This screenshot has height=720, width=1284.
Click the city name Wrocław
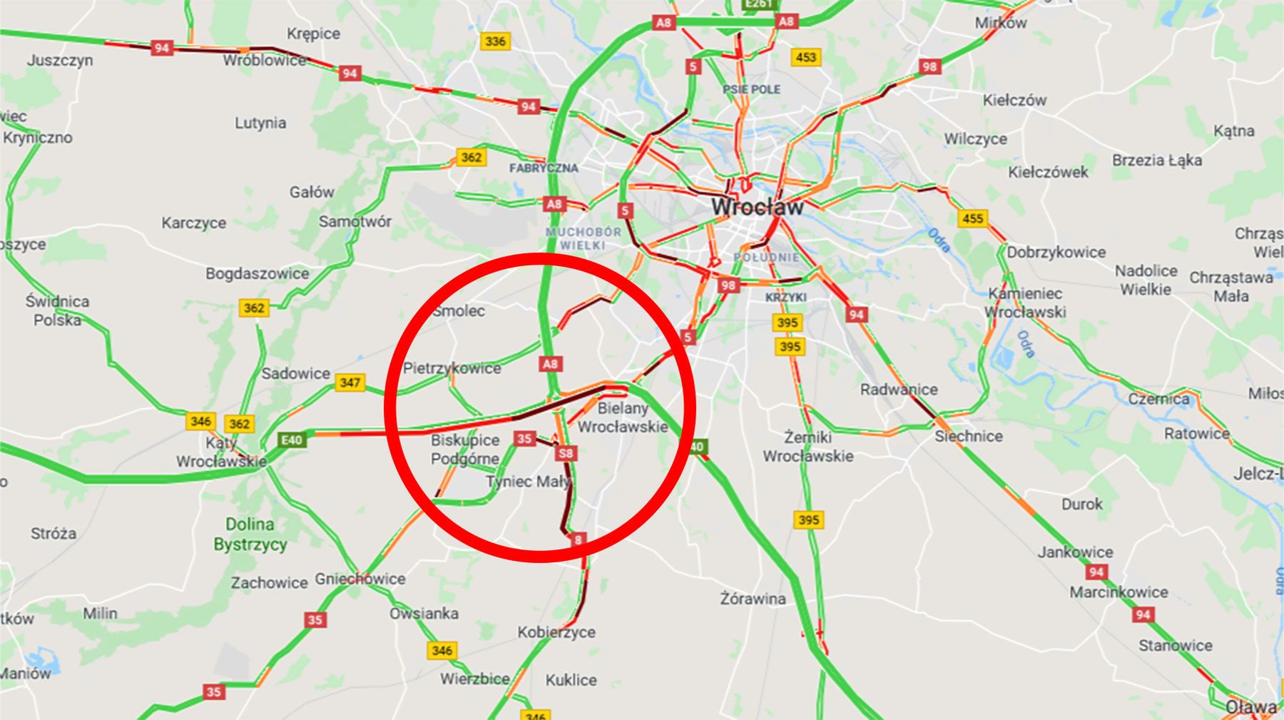coord(757,207)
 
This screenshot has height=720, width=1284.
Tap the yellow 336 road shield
coord(495,41)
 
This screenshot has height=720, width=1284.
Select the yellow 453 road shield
coord(805,57)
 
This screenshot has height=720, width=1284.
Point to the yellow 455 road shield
coord(972,218)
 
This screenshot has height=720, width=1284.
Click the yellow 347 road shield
coord(350,382)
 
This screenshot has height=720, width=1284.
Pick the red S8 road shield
coord(566,453)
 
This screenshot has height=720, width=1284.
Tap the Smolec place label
coord(459,311)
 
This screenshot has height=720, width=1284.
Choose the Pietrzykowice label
coord(452,368)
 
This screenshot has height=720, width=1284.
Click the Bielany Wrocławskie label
coord(623,417)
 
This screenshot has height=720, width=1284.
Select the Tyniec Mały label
coord(528,482)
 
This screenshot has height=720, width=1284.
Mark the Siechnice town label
coord(968,436)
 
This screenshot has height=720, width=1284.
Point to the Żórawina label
coord(753,599)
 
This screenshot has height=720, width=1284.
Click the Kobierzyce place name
coord(556,632)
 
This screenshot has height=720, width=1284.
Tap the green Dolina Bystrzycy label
coord(250,534)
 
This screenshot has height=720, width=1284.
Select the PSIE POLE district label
coord(751,89)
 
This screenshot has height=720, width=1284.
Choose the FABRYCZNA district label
coord(544,168)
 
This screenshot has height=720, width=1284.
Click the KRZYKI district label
coord(785,297)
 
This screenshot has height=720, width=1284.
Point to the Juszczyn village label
coord(60,60)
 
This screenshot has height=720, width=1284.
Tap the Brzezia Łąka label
coord(1156,161)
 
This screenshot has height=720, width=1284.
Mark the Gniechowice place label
coord(360,579)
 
